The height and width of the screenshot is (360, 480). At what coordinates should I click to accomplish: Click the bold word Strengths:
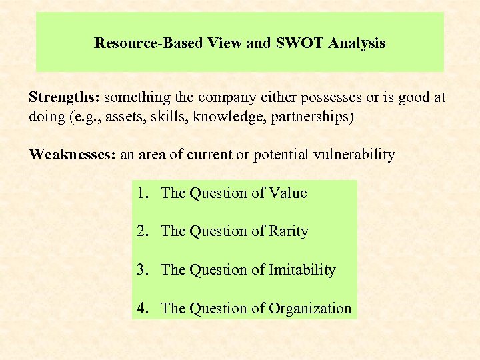[64, 97]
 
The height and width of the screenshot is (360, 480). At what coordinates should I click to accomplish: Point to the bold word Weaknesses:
[72, 155]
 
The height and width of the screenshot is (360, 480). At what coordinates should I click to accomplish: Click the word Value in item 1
[287, 193]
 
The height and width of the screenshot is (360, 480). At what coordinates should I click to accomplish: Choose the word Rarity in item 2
[288, 231]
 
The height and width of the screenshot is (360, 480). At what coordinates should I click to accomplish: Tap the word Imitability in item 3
[302, 270]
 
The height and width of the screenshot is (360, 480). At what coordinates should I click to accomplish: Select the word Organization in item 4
[310, 308]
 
